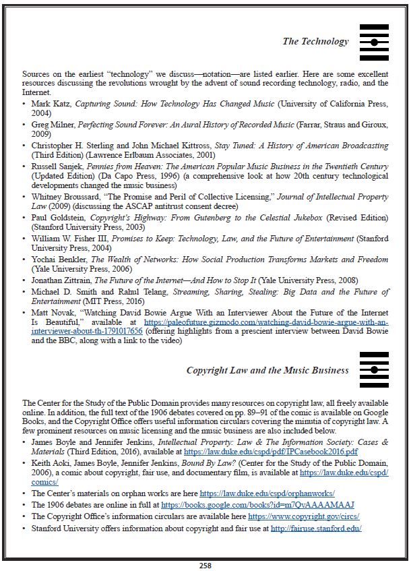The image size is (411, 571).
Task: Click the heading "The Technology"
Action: [315, 41]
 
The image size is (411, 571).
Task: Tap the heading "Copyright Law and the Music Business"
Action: [267, 370]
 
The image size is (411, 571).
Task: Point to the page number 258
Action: [205, 565]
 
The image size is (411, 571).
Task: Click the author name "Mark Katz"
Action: [51, 104]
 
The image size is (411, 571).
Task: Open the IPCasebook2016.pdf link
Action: [270, 451]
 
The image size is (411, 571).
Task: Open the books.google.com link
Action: [257, 504]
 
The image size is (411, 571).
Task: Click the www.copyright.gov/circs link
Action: [303, 516]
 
